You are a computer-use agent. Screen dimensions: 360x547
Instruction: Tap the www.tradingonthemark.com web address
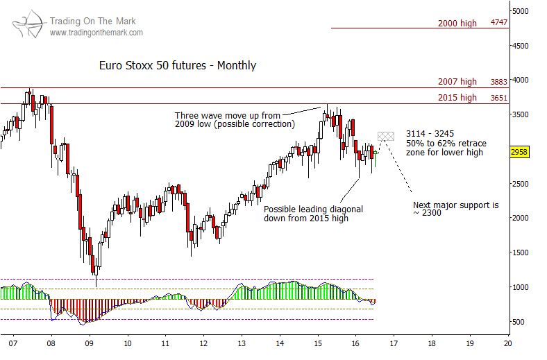(x=96, y=33)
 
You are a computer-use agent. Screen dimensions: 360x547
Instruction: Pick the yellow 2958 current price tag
(x=520, y=152)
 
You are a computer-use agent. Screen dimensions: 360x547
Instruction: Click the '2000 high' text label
(x=457, y=23)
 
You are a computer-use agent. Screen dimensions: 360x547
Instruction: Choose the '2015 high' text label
(x=457, y=98)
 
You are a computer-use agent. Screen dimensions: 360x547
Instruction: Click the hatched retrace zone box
(x=386, y=136)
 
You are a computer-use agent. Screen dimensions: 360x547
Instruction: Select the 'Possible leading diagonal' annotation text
(x=313, y=209)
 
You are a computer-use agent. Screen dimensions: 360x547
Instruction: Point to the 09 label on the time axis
(x=89, y=343)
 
